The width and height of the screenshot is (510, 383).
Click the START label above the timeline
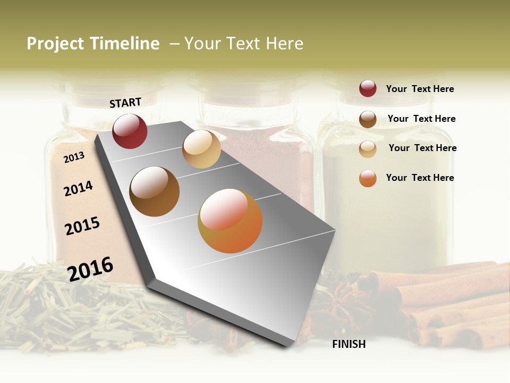[x=125, y=103]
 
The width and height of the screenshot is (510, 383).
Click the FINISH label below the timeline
[x=348, y=344]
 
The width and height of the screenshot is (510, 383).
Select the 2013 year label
[x=74, y=157]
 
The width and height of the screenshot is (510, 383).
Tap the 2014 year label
[x=78, y=188]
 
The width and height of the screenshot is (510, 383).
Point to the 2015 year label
[x=82, y=226]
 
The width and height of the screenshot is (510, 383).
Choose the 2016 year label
[x=90, y=269]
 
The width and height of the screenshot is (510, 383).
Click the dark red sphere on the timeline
[x=130, y=131]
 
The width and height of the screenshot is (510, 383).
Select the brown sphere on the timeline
[x=154, y=191]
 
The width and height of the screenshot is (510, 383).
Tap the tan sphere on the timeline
[x=201, y=149]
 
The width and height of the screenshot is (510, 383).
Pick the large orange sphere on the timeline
[x=230, y=221]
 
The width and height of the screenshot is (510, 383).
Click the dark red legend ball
[x=368, y=89]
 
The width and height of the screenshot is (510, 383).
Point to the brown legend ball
[x=368, y=119]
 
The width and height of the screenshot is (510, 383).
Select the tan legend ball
[x=368, y=149]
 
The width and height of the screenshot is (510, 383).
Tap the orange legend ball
[x=368, y=178]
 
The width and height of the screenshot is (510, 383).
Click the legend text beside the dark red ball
[x=420, y=89]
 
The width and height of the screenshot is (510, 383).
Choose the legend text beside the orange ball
[x=420, y=178]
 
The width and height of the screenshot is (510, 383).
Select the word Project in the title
[x=55, y=44]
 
